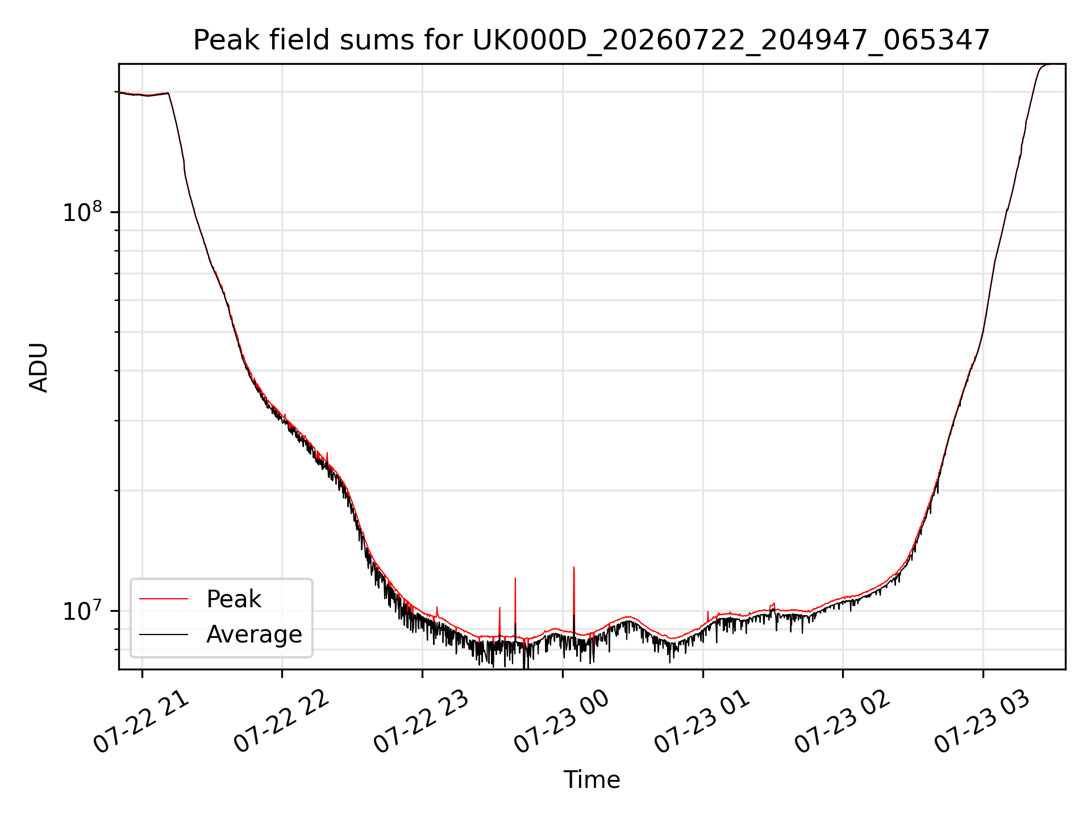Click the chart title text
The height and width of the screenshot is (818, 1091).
coord(592,40)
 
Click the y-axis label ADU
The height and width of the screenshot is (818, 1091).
coord(39,367)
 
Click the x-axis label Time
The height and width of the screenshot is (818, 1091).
coord(592,779)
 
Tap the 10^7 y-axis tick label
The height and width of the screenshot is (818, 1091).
coord(83,611)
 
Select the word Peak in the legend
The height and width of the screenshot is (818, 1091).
coord(234,599)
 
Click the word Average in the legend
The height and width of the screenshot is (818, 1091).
coord(254,635)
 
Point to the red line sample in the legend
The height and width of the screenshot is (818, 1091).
coord(164,599)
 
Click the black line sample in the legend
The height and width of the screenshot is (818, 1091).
coord(164,634)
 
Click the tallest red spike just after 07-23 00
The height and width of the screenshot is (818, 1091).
coord(574,596)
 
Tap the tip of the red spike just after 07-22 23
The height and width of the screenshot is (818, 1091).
coord(437,607)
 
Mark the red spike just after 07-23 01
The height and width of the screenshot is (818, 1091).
coord(707,616)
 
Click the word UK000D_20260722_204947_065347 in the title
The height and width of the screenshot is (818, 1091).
coord(731,41)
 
